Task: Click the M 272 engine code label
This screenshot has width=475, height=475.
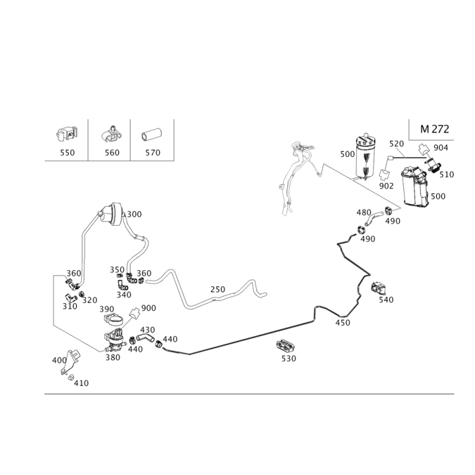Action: [x=435, y=129]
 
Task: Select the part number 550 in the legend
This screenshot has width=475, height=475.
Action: [x=67, y=153]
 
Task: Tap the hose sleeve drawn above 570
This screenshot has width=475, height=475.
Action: [x=151, y=135]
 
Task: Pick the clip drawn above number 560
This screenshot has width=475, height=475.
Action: [x=111, y=134]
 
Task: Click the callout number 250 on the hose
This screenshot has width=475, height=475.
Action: [x=218, y=290]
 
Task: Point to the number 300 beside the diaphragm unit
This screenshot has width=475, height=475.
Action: [x=134, y=214]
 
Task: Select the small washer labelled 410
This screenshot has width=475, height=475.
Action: [x=71, y=378]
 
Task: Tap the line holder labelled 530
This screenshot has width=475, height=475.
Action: [x=286, y=346]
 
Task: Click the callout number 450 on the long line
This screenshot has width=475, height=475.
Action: [x=343, y=322]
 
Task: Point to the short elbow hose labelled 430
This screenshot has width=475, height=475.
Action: [x=145, y=337]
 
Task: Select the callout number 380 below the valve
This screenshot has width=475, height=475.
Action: [x=113, y=357]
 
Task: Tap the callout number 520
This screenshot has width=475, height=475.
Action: [x=397, y=144]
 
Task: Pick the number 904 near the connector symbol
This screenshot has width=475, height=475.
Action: [x=441, y=147]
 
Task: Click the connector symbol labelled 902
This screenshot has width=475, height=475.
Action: [x=384, y=174]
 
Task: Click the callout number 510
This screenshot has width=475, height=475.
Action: [x=447, y=175]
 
